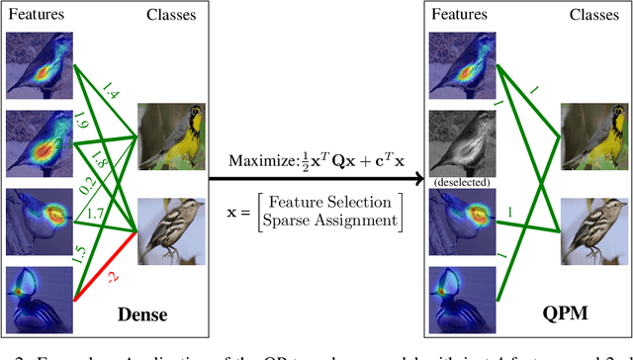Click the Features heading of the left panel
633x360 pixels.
[32, 16]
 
